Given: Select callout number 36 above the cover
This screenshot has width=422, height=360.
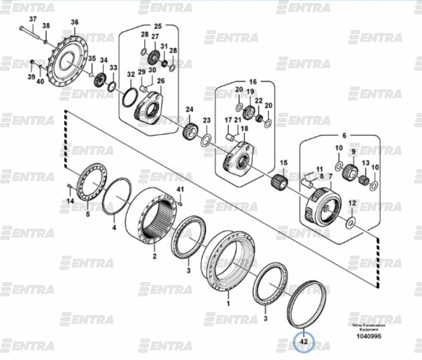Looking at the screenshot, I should point(74,23).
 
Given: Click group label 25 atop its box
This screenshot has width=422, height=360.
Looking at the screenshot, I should point(158,26).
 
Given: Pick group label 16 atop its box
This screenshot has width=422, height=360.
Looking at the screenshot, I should point(252,82).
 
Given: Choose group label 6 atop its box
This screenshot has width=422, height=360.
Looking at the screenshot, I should point(345,136).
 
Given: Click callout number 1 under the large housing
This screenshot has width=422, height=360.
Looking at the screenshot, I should point(228,304).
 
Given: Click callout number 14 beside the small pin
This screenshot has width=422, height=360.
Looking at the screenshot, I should point(70,201).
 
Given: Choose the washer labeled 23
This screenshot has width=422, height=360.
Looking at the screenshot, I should point(205,140).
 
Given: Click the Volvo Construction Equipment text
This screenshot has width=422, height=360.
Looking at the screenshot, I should point(369,327).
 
